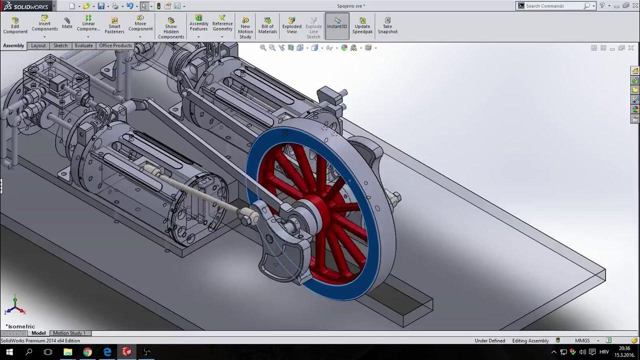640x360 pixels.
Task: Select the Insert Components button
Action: (x=44, y=25)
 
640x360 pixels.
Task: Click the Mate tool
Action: (x=67, y=23)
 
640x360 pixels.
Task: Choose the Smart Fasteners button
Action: (x=114, y=26)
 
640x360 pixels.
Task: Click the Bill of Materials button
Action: (x=267, y=26)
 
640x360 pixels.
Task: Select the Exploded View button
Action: (x=292, y=26)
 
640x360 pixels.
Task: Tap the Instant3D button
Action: (x=337, y=23)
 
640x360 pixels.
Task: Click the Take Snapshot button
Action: (x=387, y=26)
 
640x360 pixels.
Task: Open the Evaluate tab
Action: (x=83, y=45)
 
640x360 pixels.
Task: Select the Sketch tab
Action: (x=60, y=45)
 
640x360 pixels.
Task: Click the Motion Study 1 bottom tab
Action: (x=69, y=333)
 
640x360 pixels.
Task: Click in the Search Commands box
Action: (x=552, y=6)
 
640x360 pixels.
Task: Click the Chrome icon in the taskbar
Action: (x=87, y=352)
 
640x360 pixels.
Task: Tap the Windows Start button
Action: (x=9, y=352)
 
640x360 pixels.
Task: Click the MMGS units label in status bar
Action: (x=582, y=340)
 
